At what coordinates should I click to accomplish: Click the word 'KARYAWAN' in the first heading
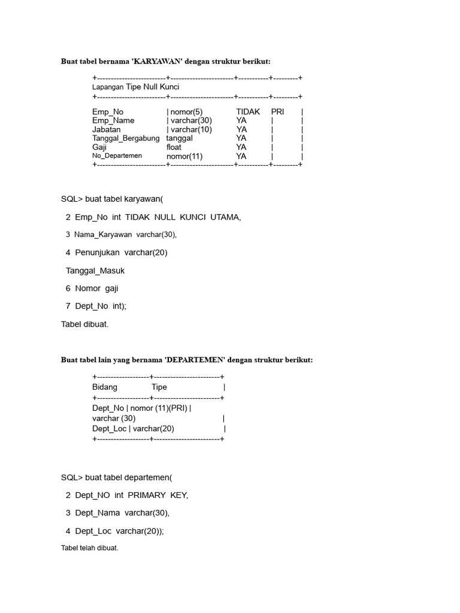click(158, 61)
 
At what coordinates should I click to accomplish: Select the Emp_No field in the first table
click(108, 111)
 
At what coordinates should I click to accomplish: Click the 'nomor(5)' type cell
click(187, 111)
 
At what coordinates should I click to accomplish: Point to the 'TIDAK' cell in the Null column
click(248, 111)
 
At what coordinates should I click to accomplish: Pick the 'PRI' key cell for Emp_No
click(277, 111)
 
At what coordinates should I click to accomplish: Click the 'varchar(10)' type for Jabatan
click(191, 129)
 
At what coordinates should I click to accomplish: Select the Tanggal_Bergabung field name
click(126, 138)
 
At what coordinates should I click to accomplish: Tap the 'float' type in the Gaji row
click(174, 147)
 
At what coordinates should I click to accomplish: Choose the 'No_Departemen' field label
click(117, 156)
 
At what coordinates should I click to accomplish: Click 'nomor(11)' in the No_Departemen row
click(184, 156)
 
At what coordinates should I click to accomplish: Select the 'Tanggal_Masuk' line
click(95, 271)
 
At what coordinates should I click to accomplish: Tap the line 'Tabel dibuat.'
click(85, 324)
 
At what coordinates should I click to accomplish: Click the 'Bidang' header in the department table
click(105, 387)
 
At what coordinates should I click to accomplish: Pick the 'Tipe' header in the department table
click(159, 387)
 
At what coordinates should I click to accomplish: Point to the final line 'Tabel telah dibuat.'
click(90, 548)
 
